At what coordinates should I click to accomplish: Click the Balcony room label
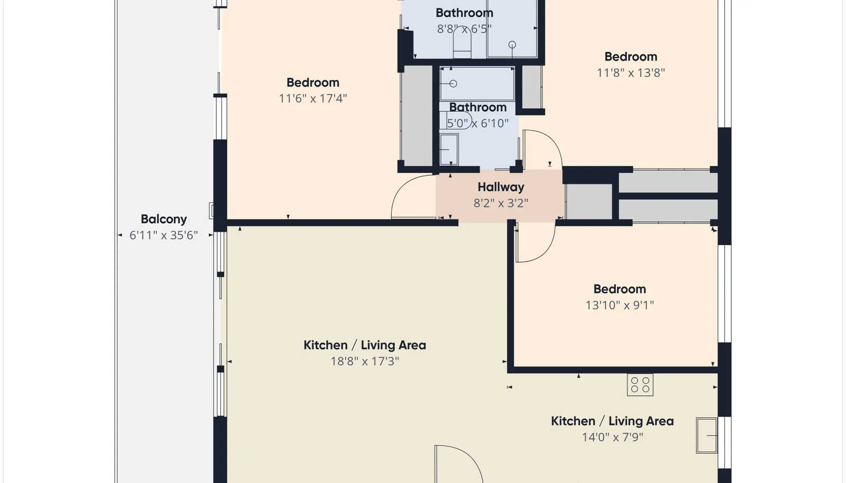[163, 219]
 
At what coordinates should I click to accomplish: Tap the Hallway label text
[501, 187]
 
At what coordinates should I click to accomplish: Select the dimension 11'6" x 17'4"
[312, 98]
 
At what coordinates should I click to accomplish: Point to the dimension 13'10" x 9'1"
[619, 305]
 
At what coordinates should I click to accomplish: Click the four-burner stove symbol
[640, 385]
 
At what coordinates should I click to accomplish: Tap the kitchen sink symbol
[706, 435]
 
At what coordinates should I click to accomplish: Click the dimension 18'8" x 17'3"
[365, 361]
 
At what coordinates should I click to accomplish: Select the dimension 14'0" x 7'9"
[612, 438]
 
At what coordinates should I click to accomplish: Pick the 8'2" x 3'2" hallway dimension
[501, 203]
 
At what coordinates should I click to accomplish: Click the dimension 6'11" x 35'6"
[163, 236]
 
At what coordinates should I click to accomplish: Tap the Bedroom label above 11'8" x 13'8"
[631, 57]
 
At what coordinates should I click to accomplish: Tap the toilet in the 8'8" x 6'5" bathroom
[462, 42]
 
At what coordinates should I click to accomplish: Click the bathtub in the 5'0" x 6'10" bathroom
[477, 84]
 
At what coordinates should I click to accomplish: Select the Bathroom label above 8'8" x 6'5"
[464, 13]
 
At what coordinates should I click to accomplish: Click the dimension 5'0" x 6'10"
[478, 123]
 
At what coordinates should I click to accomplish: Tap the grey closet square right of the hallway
[589, 201]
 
